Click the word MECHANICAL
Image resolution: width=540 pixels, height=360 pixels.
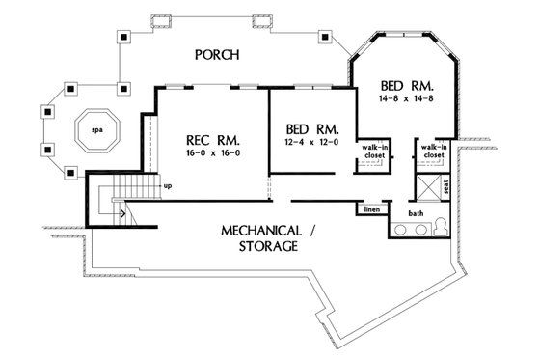pos(263,232)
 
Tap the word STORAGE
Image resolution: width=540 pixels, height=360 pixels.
pos(262,247)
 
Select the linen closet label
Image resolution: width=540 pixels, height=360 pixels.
pos(372,208)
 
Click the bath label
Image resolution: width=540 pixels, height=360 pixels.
pos(415,212)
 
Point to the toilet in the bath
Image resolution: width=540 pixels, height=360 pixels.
pos(442,227)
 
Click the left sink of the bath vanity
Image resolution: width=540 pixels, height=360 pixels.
pos(401,229)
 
